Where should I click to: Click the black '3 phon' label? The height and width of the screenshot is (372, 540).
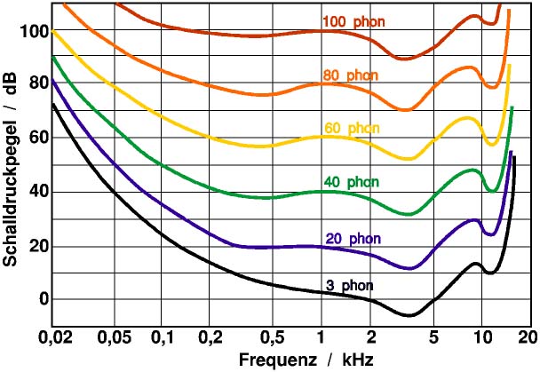pyautogui.click(x=348, y=286)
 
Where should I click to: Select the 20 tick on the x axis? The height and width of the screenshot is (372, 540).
pyautogui.click(x=528, y=338)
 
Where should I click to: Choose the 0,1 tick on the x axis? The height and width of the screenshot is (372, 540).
pyautogui.click(x=162, y=338)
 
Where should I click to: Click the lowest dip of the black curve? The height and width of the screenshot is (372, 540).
pyautogui.click(x=409, y=315)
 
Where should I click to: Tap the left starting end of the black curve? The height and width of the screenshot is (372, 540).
pyautogui.click(x=52, y=104)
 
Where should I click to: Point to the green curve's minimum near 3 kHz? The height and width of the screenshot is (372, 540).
pyautogui.click(x=408, y=214)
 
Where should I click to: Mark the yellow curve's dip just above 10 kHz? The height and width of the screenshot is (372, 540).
pyautogui.click(x=492, y=144)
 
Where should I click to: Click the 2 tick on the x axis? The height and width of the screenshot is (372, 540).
pyautogui.click(x=372, y=338)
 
